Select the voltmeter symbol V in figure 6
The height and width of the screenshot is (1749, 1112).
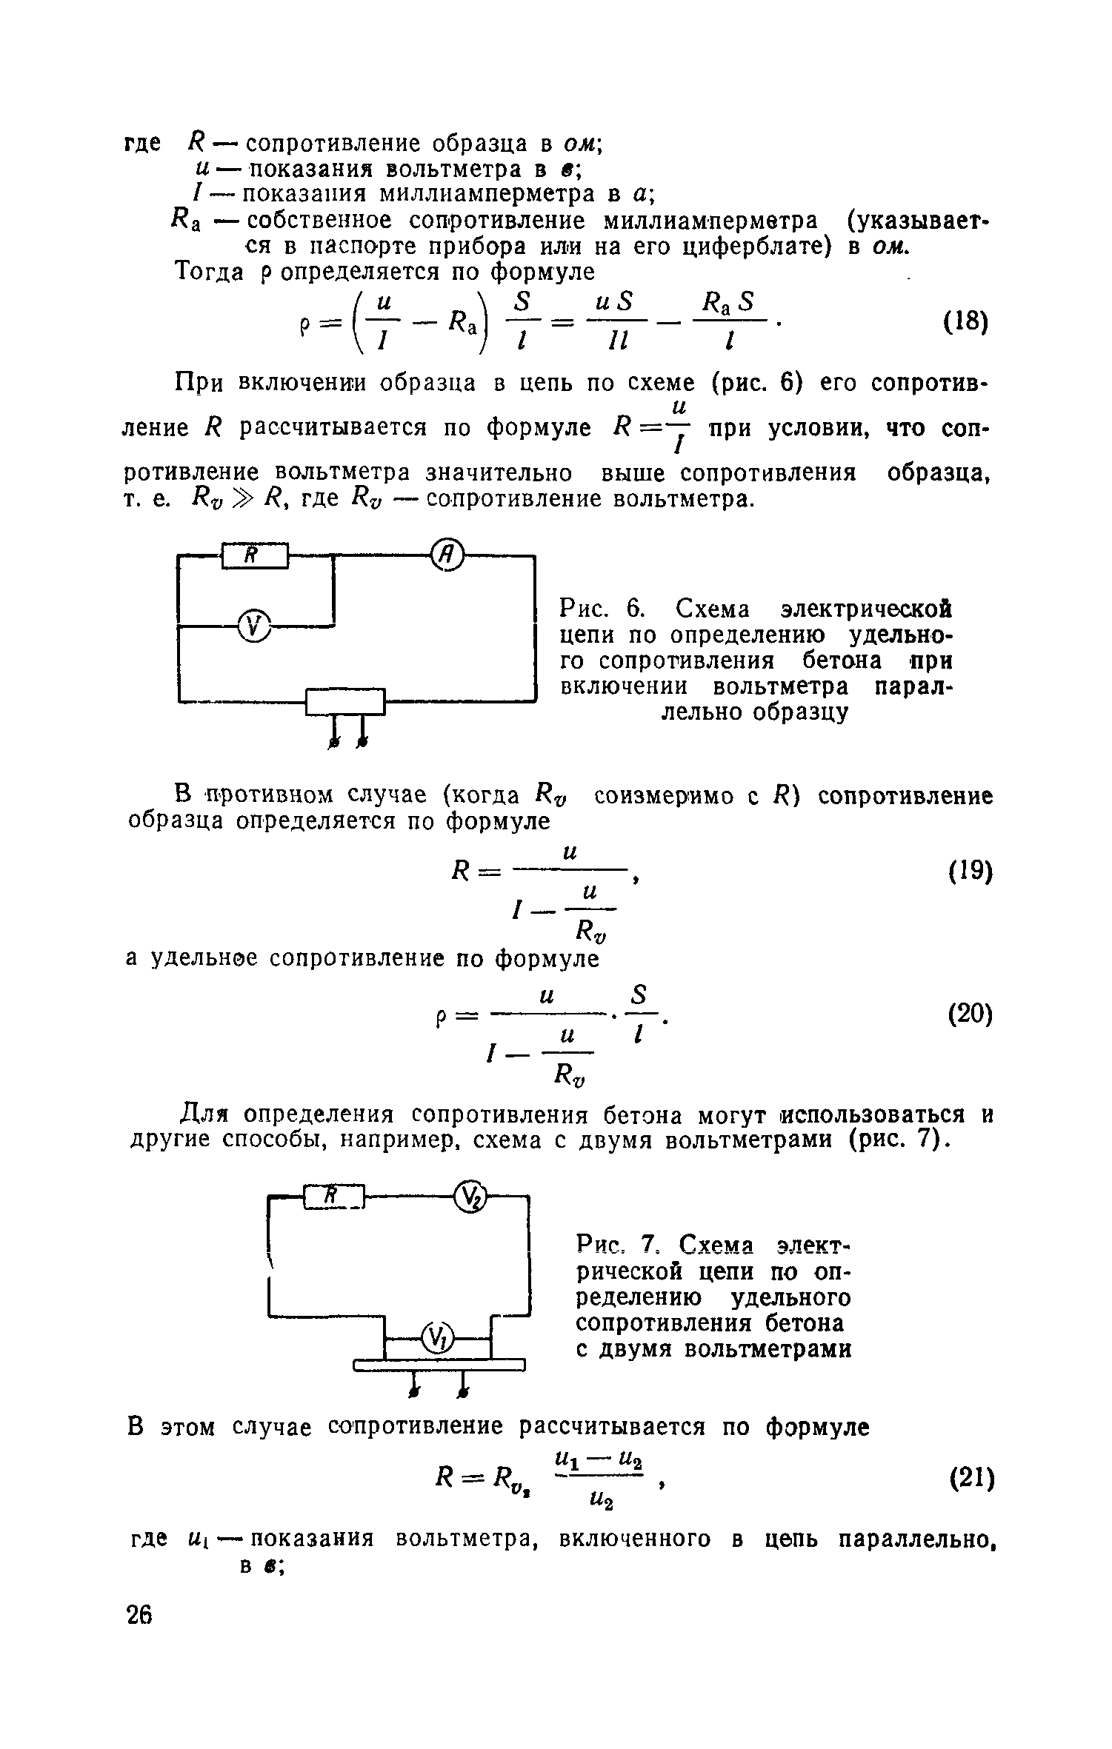(x=254, y=626)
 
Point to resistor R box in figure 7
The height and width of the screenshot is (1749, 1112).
(x=334, y=1196)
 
